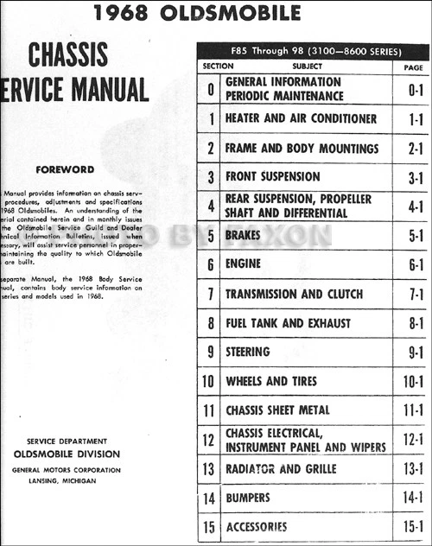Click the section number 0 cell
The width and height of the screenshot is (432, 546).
point(210,89)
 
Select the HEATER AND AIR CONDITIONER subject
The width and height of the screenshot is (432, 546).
point(301,118)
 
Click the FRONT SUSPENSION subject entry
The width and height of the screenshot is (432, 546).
point(272,177)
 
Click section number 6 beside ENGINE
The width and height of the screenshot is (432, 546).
point(210,265)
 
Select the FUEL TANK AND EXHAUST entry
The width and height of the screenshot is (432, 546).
point(288,323)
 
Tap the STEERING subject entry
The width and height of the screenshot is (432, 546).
point(248,352)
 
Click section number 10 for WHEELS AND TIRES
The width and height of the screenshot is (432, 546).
point(209,381)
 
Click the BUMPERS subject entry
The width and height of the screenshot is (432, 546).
point(248,498)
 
